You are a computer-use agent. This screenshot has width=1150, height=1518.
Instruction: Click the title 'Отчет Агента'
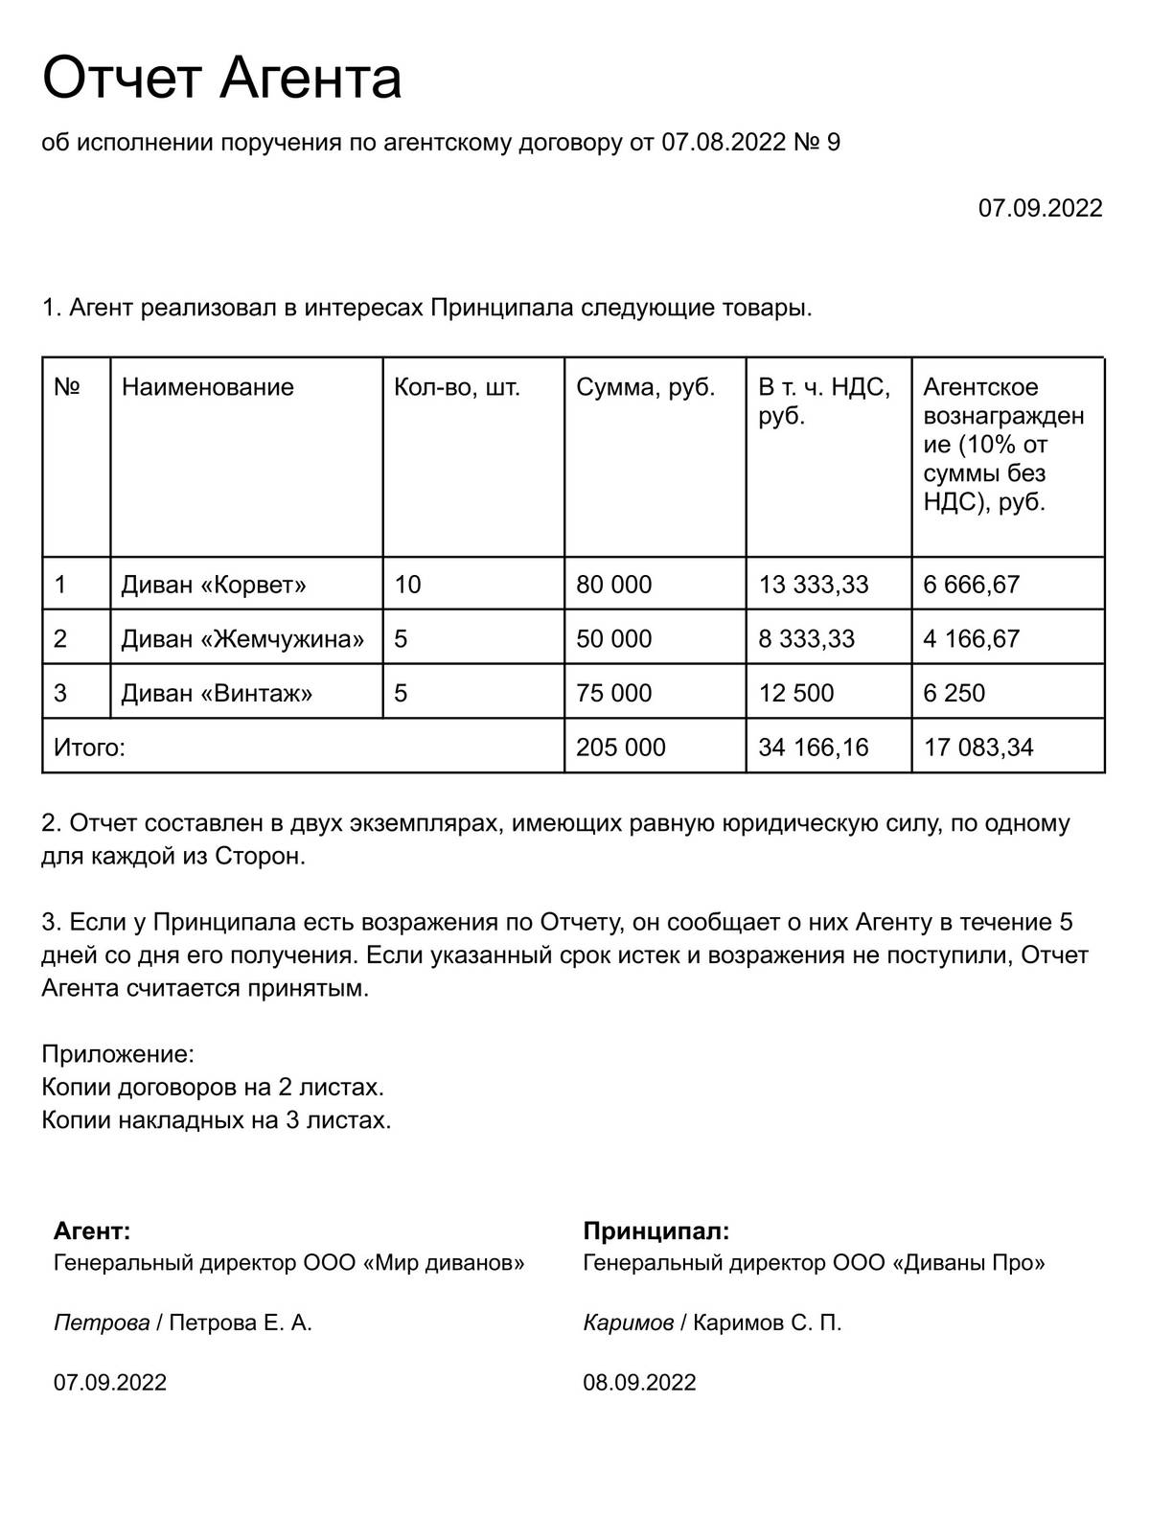point(221,79)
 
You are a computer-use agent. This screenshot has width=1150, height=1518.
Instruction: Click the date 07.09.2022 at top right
point(1040,208)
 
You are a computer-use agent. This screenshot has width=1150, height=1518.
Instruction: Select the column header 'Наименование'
point(207,387)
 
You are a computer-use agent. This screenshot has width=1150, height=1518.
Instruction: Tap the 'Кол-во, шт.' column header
point(457,387)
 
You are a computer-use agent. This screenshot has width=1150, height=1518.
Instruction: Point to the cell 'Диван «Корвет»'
point(214,585)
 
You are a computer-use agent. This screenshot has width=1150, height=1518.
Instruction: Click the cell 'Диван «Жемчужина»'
point(242,639)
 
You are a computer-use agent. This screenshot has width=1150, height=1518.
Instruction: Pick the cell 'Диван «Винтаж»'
point(217,693)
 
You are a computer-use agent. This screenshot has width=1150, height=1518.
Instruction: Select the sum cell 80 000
point(613,585)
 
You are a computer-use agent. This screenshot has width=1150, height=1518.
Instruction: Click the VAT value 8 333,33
point(806,639)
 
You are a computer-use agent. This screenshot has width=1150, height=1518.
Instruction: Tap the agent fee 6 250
point(954,693)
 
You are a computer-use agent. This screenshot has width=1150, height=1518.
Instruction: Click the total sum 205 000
point(620,747)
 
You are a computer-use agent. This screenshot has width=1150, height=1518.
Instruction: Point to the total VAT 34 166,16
point(813,747)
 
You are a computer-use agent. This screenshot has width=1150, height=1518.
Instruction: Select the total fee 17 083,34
point(978,747)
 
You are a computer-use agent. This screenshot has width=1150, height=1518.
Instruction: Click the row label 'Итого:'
point(89,747)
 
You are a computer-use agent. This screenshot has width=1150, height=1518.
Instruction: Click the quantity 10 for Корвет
point(407,585)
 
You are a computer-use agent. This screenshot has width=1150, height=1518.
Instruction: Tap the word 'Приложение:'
point(118,1055)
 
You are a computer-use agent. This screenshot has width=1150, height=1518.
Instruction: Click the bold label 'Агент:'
point(92,1231)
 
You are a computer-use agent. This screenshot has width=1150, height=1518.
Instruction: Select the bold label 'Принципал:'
point(655,1231)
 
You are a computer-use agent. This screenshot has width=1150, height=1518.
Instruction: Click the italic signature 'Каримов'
point(628,1323)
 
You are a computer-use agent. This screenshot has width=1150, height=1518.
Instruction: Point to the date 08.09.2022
point(639,1383)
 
